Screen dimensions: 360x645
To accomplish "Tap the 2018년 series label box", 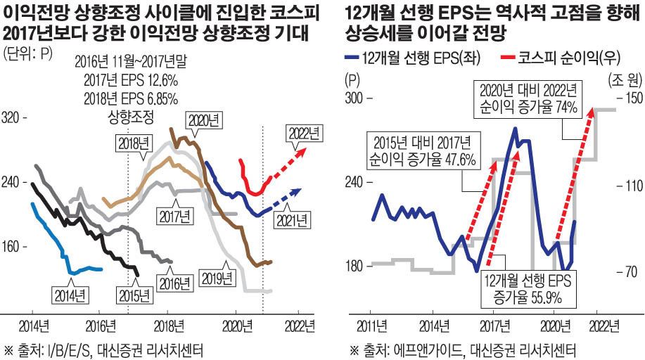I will [133, 143].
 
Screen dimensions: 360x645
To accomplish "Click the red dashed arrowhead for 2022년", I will [303, 148].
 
